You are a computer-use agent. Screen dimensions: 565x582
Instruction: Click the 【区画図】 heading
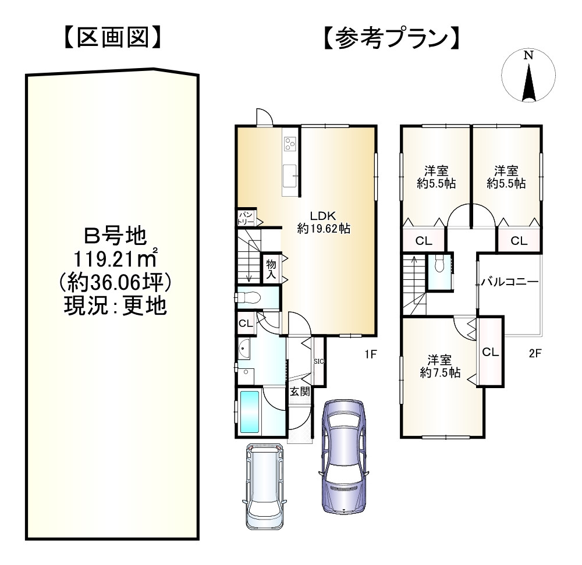point(111,38)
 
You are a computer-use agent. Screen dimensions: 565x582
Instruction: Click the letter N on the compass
point(528,56)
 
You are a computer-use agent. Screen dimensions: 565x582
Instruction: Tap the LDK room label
point(323,214)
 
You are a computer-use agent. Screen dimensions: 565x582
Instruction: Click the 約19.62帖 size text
point(323,228)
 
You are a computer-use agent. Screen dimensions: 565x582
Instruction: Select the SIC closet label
point(318,361)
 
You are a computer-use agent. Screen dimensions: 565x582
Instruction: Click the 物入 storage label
point(271,269)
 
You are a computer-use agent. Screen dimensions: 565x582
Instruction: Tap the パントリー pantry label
point(245,219)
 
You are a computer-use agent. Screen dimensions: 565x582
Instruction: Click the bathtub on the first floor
point(251,412)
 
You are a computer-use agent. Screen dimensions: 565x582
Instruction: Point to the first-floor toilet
point(249,297)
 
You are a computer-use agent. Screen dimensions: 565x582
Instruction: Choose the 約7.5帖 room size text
point(439,373)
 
